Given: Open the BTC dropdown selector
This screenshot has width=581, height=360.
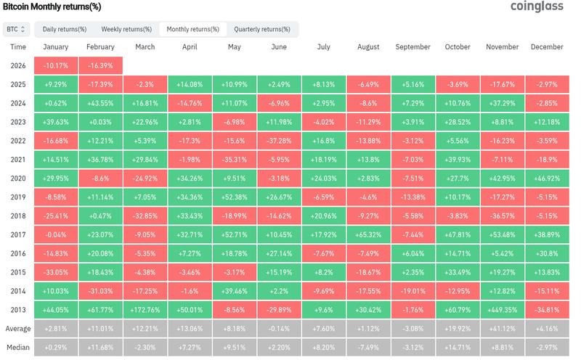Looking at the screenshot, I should pyautogui.click(x=15, y=29).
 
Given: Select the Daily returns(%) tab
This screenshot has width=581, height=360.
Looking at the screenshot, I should pyautogui.click(x=65, y=29).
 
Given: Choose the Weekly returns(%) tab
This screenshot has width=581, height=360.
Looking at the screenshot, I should pyautogui.click(x=126, y=29).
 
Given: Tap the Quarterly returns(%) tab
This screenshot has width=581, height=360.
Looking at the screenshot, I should pyautogui.click(x=262, y=29).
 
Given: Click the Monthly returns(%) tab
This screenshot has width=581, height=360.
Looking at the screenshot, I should pyautogui.click(x=192, y=29).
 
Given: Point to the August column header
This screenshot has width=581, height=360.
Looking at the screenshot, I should pyautogui.click(x=368, y=47).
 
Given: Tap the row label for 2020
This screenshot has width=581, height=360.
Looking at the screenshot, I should pyautogui.click(x=18, y=179).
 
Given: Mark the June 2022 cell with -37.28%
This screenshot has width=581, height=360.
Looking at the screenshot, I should pyautogui.click(x=279, y=141).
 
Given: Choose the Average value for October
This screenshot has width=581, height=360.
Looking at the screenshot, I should pyautogui.click(x=458, y=328).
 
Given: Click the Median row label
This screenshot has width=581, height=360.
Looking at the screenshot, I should pyautogui.click(x=18, y=347).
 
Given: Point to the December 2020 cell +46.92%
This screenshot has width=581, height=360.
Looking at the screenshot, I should pyautogui.click(x=547, y=179).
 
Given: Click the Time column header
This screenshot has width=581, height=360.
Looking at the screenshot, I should pyautogui.click(x=18, y=47).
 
